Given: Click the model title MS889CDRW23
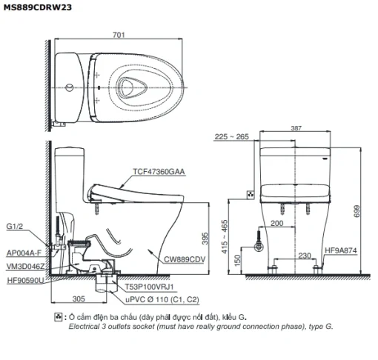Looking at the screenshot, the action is (x=38, y=7).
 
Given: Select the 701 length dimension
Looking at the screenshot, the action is (x=119, y=35).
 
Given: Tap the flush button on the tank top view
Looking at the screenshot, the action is (x=70, y=87).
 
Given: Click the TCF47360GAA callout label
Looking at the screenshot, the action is (x=159, y=171).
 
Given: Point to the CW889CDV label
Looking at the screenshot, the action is (x=185, y=259).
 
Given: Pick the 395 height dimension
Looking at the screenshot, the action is (x=205, y=239).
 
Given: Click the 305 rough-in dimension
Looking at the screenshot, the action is (x=79, y=299).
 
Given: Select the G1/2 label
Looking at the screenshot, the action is (x=14, y=226).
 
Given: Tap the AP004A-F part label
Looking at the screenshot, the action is (x=24, y=253).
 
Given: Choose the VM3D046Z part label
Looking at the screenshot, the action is (x=25, y=267).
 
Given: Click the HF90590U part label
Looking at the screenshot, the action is (x=25, y=280).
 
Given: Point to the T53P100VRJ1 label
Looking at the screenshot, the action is (x=149, y=287).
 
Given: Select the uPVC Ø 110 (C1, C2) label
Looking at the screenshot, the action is (x=162, y=299).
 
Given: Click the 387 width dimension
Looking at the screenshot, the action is (x=296, y=128).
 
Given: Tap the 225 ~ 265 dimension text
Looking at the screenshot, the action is (x=231, y=136).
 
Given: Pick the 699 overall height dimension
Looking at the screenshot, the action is (x=357, y=211).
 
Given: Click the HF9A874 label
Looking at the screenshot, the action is (x=341, y=250).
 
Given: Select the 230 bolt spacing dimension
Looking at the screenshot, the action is (x=305, y=256).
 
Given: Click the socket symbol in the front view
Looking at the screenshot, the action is (x=251, y=195).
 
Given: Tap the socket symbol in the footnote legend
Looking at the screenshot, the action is (x=59, y=317).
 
